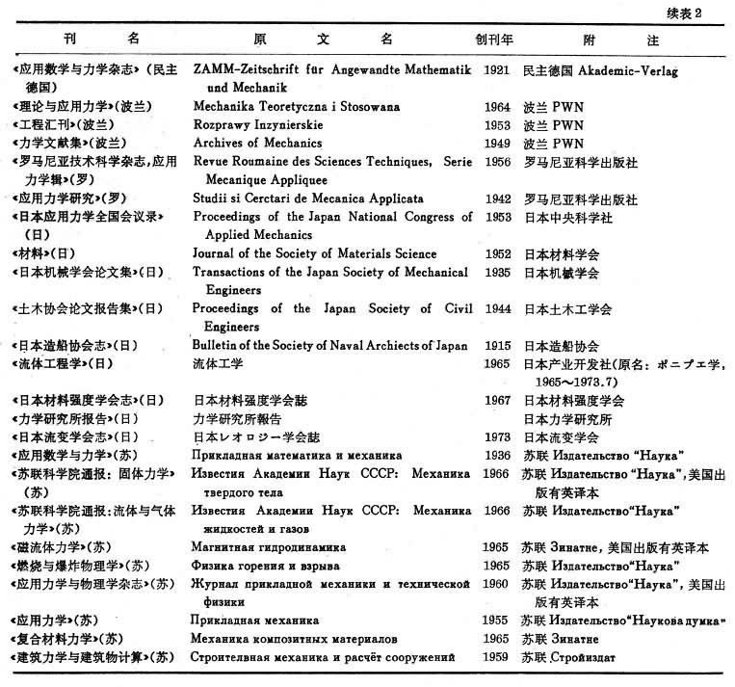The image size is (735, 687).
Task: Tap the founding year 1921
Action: point(497,70)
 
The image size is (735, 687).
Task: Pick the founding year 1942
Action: point(497,198)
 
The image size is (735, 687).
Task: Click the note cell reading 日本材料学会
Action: point(562,254)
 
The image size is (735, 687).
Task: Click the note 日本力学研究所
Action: point(567,419)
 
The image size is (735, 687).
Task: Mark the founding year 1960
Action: point(497,584)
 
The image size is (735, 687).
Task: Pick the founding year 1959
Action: point(497,657)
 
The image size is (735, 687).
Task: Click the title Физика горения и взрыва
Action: point(259,566)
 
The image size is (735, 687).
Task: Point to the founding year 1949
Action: point(497,144)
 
